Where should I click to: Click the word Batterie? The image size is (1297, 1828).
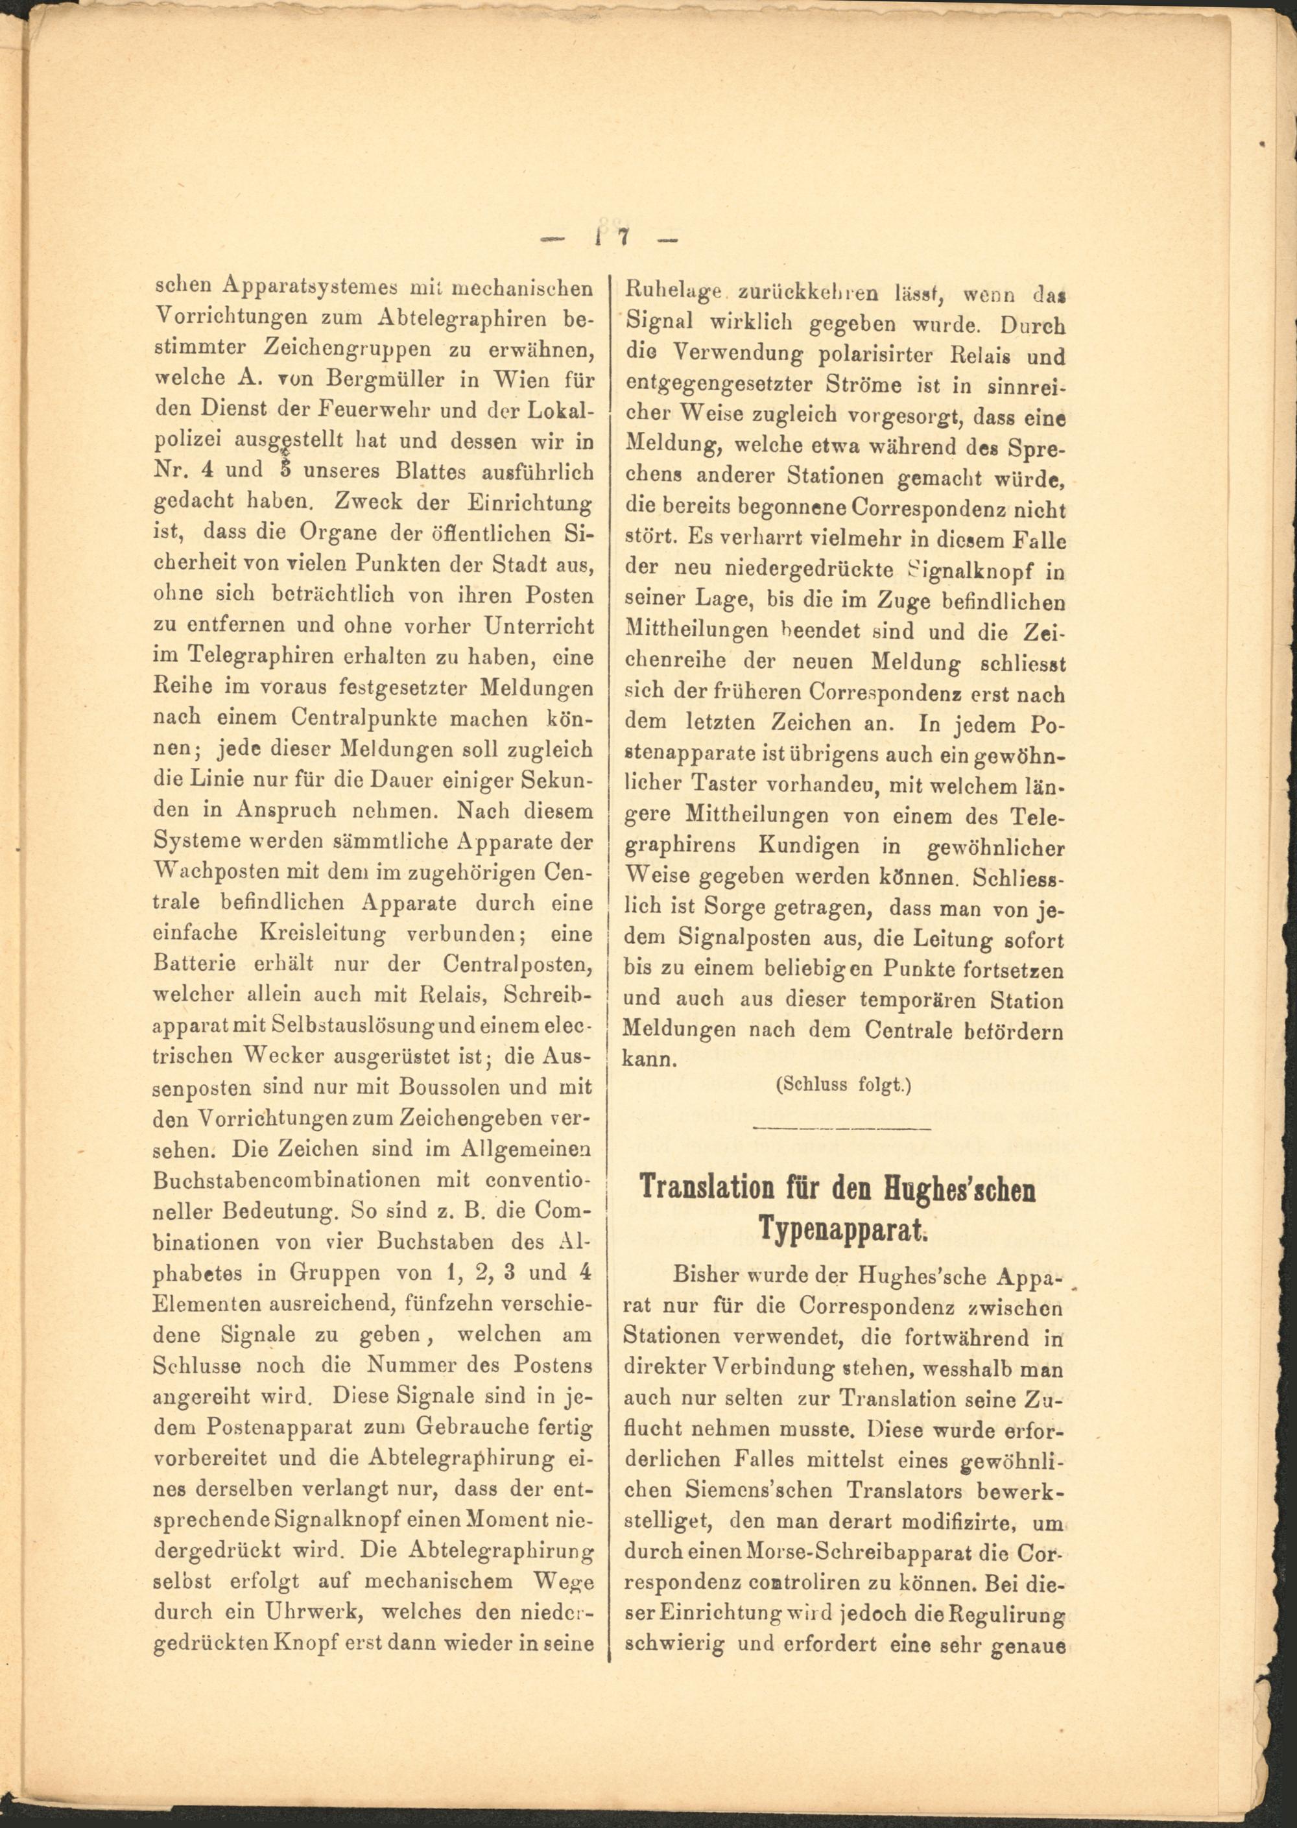tap(195, 964)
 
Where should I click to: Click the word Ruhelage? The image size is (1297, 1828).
tap(676, 293)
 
